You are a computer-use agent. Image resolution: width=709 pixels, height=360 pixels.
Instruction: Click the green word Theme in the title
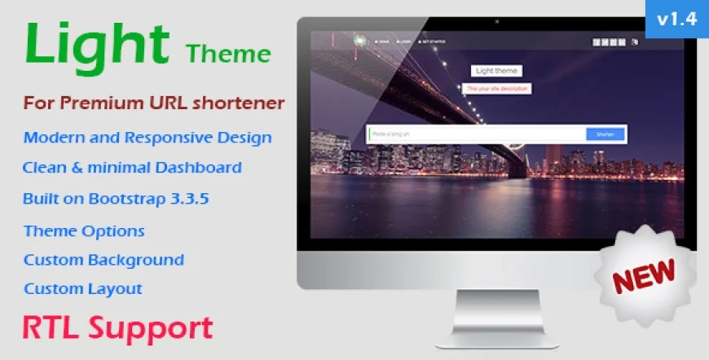tap(228, 55)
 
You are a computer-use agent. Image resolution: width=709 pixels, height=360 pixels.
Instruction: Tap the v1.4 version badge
tap(676, 19)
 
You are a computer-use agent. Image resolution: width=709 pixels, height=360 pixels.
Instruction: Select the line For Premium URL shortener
tap(154, 103)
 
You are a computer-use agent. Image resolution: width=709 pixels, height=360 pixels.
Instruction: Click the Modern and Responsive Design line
tap(148, 137)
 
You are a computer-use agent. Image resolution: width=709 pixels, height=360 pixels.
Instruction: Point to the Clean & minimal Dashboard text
tap(132, 168)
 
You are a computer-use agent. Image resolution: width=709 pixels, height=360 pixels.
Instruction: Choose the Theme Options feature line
tap(84, 230)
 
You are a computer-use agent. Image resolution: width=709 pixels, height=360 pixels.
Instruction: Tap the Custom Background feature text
tap(103, 260)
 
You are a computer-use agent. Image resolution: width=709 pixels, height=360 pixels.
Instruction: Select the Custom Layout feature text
tap(83, 288)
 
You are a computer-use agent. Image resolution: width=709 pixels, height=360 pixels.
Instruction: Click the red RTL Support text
tap(117, 327)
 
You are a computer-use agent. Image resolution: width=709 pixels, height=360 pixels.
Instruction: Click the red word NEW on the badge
tap(643, 276)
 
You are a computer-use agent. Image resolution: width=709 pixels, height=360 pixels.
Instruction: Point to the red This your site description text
tap(497, 88)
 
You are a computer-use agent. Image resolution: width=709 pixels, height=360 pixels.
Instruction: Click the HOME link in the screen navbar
tap(381, 41)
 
